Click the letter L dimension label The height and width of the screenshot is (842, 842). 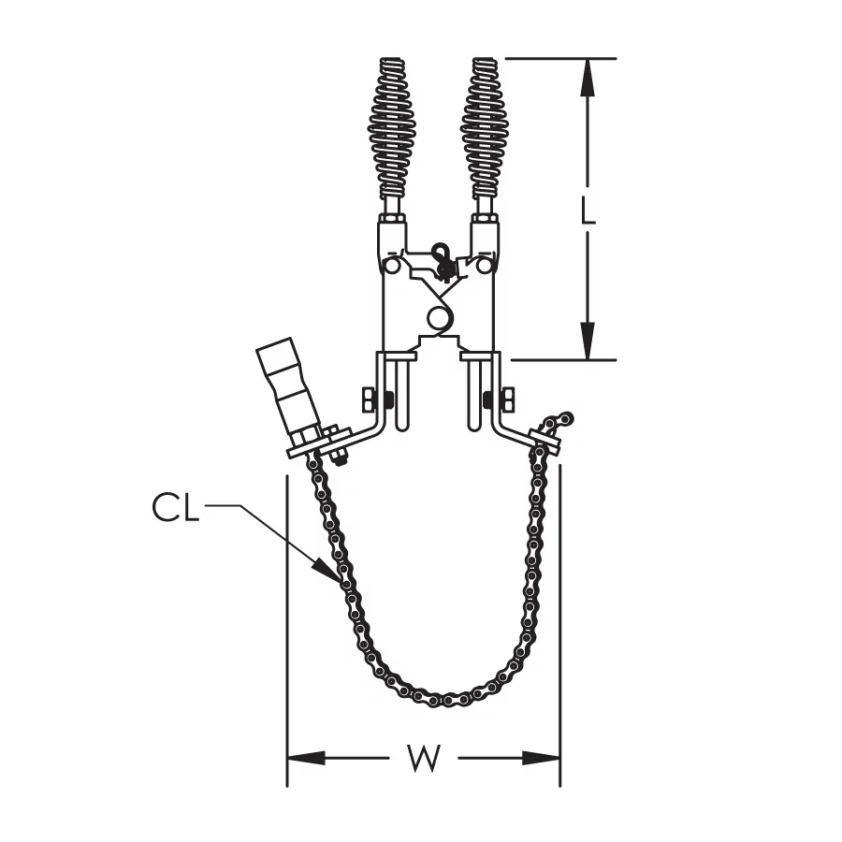[x=588, y=210]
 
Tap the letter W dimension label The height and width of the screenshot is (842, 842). [x=424, y=758]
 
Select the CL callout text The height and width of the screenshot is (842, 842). [x=176, y=507]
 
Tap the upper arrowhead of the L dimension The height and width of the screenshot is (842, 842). [x=588, y=78]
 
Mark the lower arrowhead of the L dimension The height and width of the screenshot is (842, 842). [x=588, y=340]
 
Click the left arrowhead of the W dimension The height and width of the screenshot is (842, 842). [x=307, y=758]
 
